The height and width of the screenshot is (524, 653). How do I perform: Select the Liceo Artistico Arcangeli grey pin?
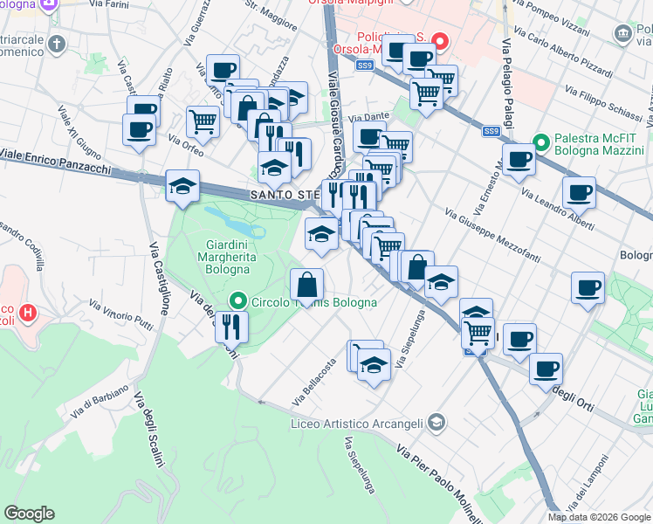coord(436,424)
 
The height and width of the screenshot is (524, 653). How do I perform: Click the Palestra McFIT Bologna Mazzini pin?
coord(541,141)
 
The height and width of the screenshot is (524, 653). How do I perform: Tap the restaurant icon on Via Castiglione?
coord(231,327)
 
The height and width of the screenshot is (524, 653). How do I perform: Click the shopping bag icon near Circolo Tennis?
coord(307,284)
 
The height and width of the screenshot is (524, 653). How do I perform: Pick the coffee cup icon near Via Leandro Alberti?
coord(579,192)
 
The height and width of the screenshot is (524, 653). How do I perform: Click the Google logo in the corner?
coord(29,514)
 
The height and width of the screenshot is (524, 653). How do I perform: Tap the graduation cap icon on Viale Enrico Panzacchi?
coord(182,185)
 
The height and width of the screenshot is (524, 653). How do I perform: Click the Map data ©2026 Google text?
coord(599,517)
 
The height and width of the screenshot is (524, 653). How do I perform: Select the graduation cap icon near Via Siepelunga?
coord(374,365)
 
